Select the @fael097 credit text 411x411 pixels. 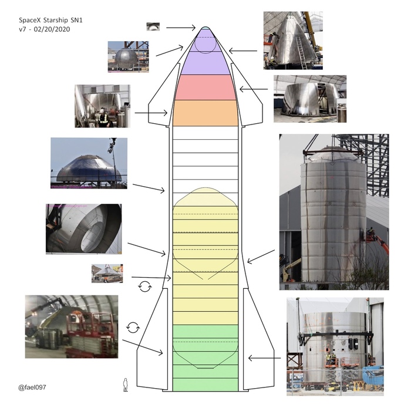click(x=32, y=388)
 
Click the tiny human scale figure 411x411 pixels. click(x=125, y=385)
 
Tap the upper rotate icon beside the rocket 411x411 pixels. click(x=144, y=287)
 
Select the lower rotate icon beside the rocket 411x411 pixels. click(x=133, y=326)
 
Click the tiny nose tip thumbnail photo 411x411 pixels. click(x=153, y=26)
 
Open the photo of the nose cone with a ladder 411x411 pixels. click(x=292, y=40)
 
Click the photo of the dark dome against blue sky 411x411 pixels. click(x=88, y=163)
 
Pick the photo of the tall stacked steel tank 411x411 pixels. click(x=333, y=211)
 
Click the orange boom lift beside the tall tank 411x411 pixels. click(x=376, y=240)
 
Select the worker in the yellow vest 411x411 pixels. click(x=103, y=118)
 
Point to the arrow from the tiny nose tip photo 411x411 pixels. click(x=181, y=27)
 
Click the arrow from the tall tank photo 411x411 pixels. click(x=261, y=257)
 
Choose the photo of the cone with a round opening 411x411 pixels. click(x=83, y=228)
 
